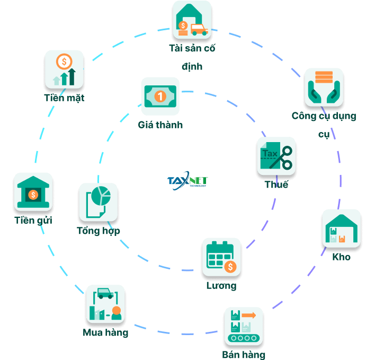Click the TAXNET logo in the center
187,181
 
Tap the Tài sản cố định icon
192,20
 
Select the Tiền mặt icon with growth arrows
64,69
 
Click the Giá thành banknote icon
160,96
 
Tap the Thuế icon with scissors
276,156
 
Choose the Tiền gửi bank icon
33,191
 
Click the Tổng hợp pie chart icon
98,202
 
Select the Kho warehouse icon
341,229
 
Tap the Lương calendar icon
221,257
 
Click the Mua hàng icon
106,304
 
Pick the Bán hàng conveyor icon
243,326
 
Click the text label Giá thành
160,125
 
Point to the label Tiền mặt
64,98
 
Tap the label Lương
221,286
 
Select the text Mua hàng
105,333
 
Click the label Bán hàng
244,355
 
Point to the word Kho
341,257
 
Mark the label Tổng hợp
99,231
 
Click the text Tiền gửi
33,220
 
